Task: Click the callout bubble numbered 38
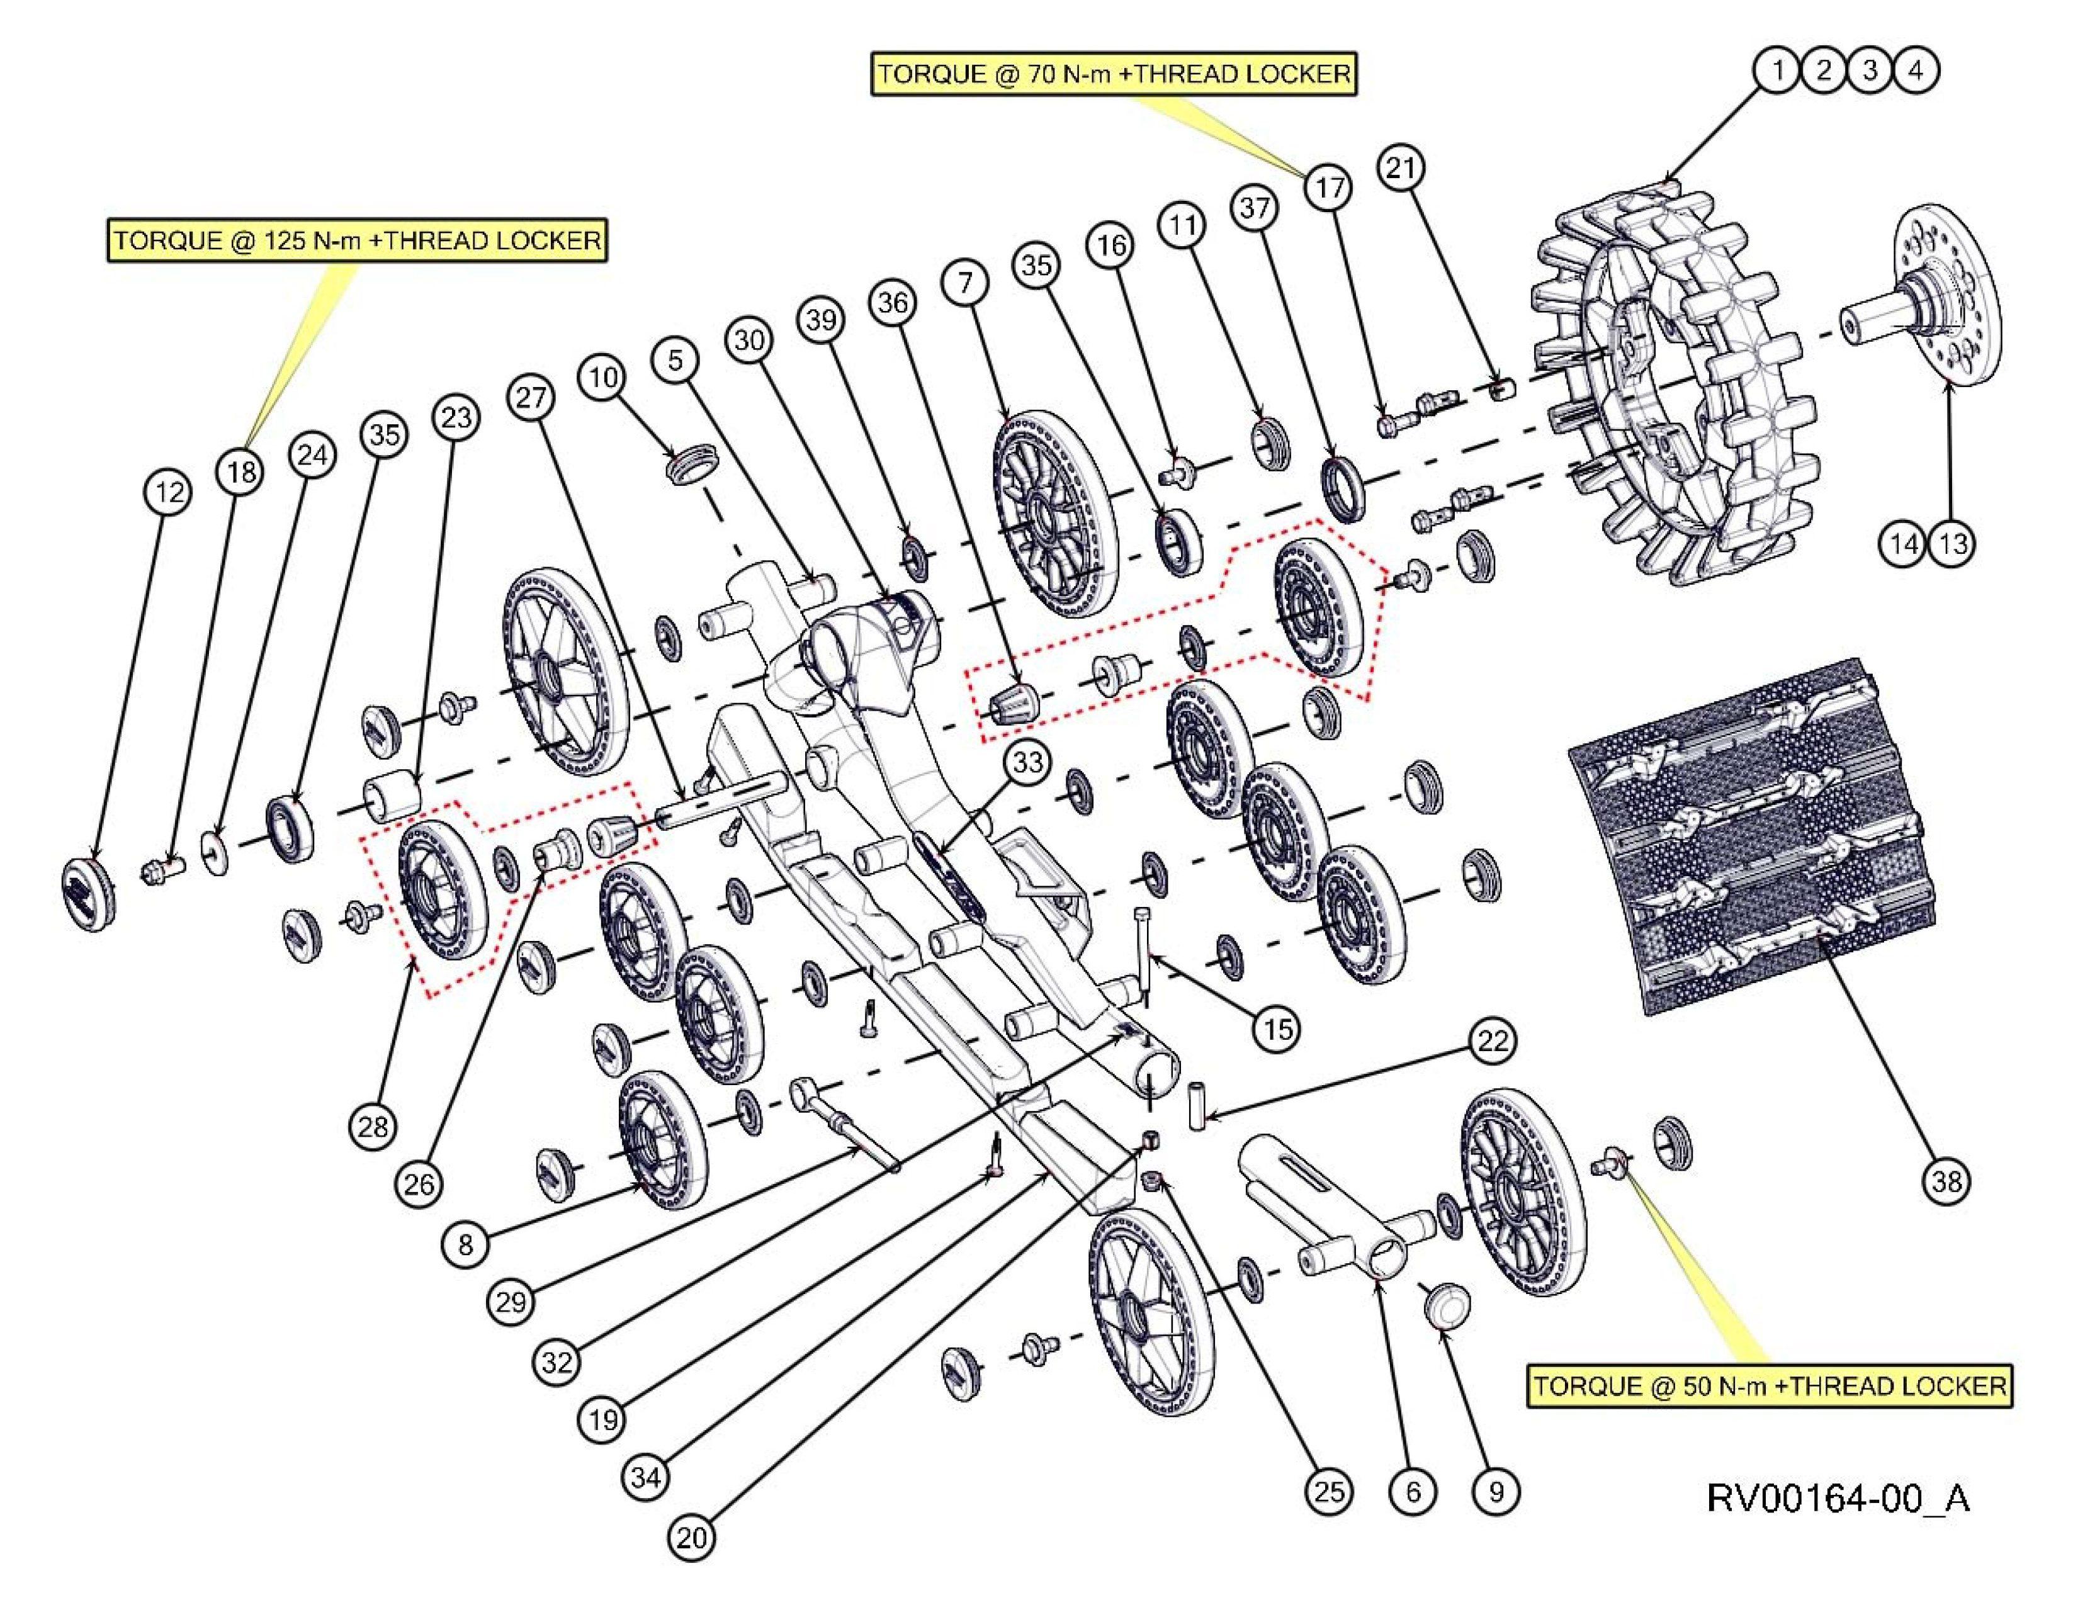1946,1181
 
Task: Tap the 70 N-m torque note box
1114,74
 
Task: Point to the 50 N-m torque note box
1770,1386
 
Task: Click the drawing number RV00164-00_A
1837,1497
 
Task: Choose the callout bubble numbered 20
692,1536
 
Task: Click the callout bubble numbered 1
1777,70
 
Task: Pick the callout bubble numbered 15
1277,1028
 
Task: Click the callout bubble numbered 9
1496,1491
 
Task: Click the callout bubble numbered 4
1916,70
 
